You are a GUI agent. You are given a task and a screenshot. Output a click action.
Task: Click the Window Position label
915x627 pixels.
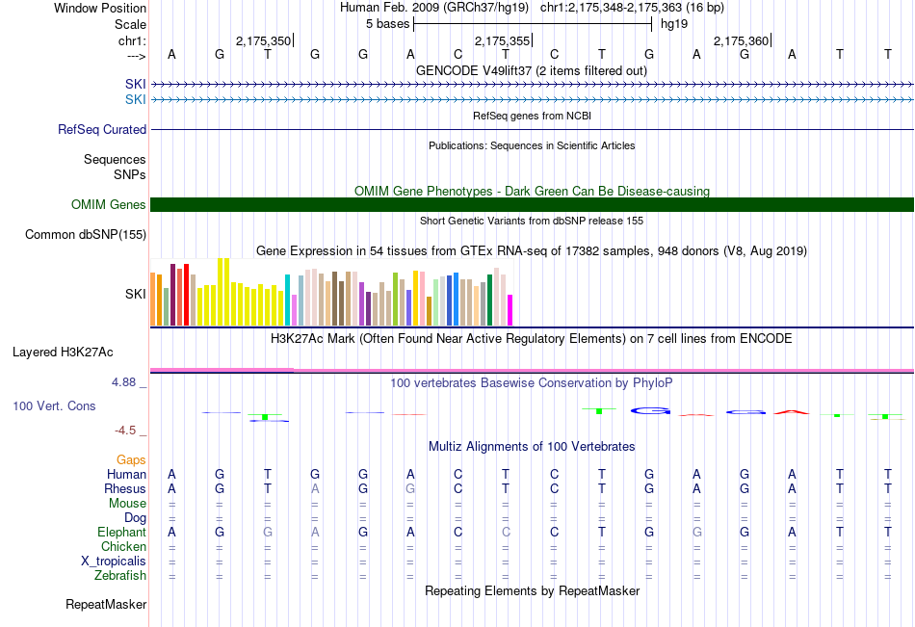(x=100, y=8)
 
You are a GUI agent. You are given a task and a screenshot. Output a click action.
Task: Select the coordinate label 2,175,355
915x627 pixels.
(x=502, y=40)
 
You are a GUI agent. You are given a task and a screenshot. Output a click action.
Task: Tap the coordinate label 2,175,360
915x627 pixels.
(x=741, y=40)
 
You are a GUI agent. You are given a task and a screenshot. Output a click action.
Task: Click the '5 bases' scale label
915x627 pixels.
(x=387, y=23)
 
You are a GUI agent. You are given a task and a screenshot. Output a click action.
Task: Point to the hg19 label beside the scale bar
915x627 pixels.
(x=674, y=23)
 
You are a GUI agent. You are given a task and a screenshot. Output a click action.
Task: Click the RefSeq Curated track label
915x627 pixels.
(x=102, y=130)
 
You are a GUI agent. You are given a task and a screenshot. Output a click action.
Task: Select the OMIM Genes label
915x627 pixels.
(x=109, y=204)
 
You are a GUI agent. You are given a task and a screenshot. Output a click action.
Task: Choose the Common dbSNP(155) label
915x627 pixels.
(x=86, y=234)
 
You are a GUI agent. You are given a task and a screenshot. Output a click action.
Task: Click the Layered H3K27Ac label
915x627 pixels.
(x=63, y=352)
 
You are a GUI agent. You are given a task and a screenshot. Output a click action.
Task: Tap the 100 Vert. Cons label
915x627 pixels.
(x=54, y=406)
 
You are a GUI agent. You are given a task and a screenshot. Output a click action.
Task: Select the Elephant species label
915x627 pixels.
(x=121, y=533)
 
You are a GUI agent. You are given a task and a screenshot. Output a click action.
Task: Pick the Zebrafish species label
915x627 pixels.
(x=120, y=576)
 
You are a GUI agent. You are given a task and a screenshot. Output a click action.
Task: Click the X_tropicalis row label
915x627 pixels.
(x=114, y=562)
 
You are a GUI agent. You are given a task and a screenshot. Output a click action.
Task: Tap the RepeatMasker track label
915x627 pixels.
(x=106, y=605)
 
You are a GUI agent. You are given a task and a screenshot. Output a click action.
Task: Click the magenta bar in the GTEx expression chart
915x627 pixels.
(x=510, y=310)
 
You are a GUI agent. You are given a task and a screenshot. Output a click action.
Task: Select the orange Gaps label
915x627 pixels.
(x=131, y=460)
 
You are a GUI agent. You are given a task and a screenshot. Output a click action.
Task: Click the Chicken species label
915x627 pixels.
(x=124, y=547)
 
